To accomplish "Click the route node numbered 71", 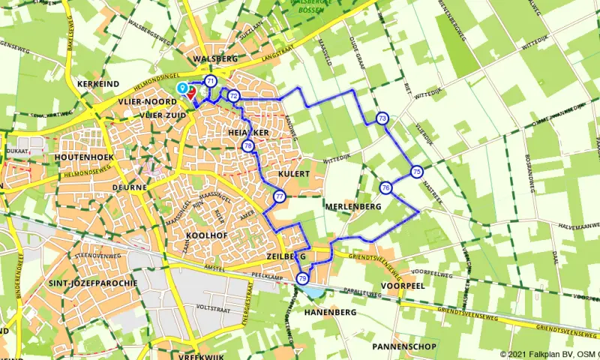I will pyautogui.click(x=211, y=81).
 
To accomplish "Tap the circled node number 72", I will pyautogui.click(x=234, y=95).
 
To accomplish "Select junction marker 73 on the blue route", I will pyautogui.click(x=382, y=118).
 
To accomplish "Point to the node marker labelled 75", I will pyautogui.click(x=416, y=172).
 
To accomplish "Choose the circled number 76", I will pyautogui.click(x=385, y=187).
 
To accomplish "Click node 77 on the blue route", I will pyautogui.click(x=279, y=197).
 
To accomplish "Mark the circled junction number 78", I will pyautogui.click(x=247, y=145).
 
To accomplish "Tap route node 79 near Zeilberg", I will pyautogui.click(x=302, y=278).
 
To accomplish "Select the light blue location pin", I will pyautogui.click(x=181, y=88).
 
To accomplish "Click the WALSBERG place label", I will pyautogui.click(x=215, y=58).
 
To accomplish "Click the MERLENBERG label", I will pyautogui.click(x=355, y=206).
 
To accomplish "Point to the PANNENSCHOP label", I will pyautogui.click(x=403, y=346).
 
